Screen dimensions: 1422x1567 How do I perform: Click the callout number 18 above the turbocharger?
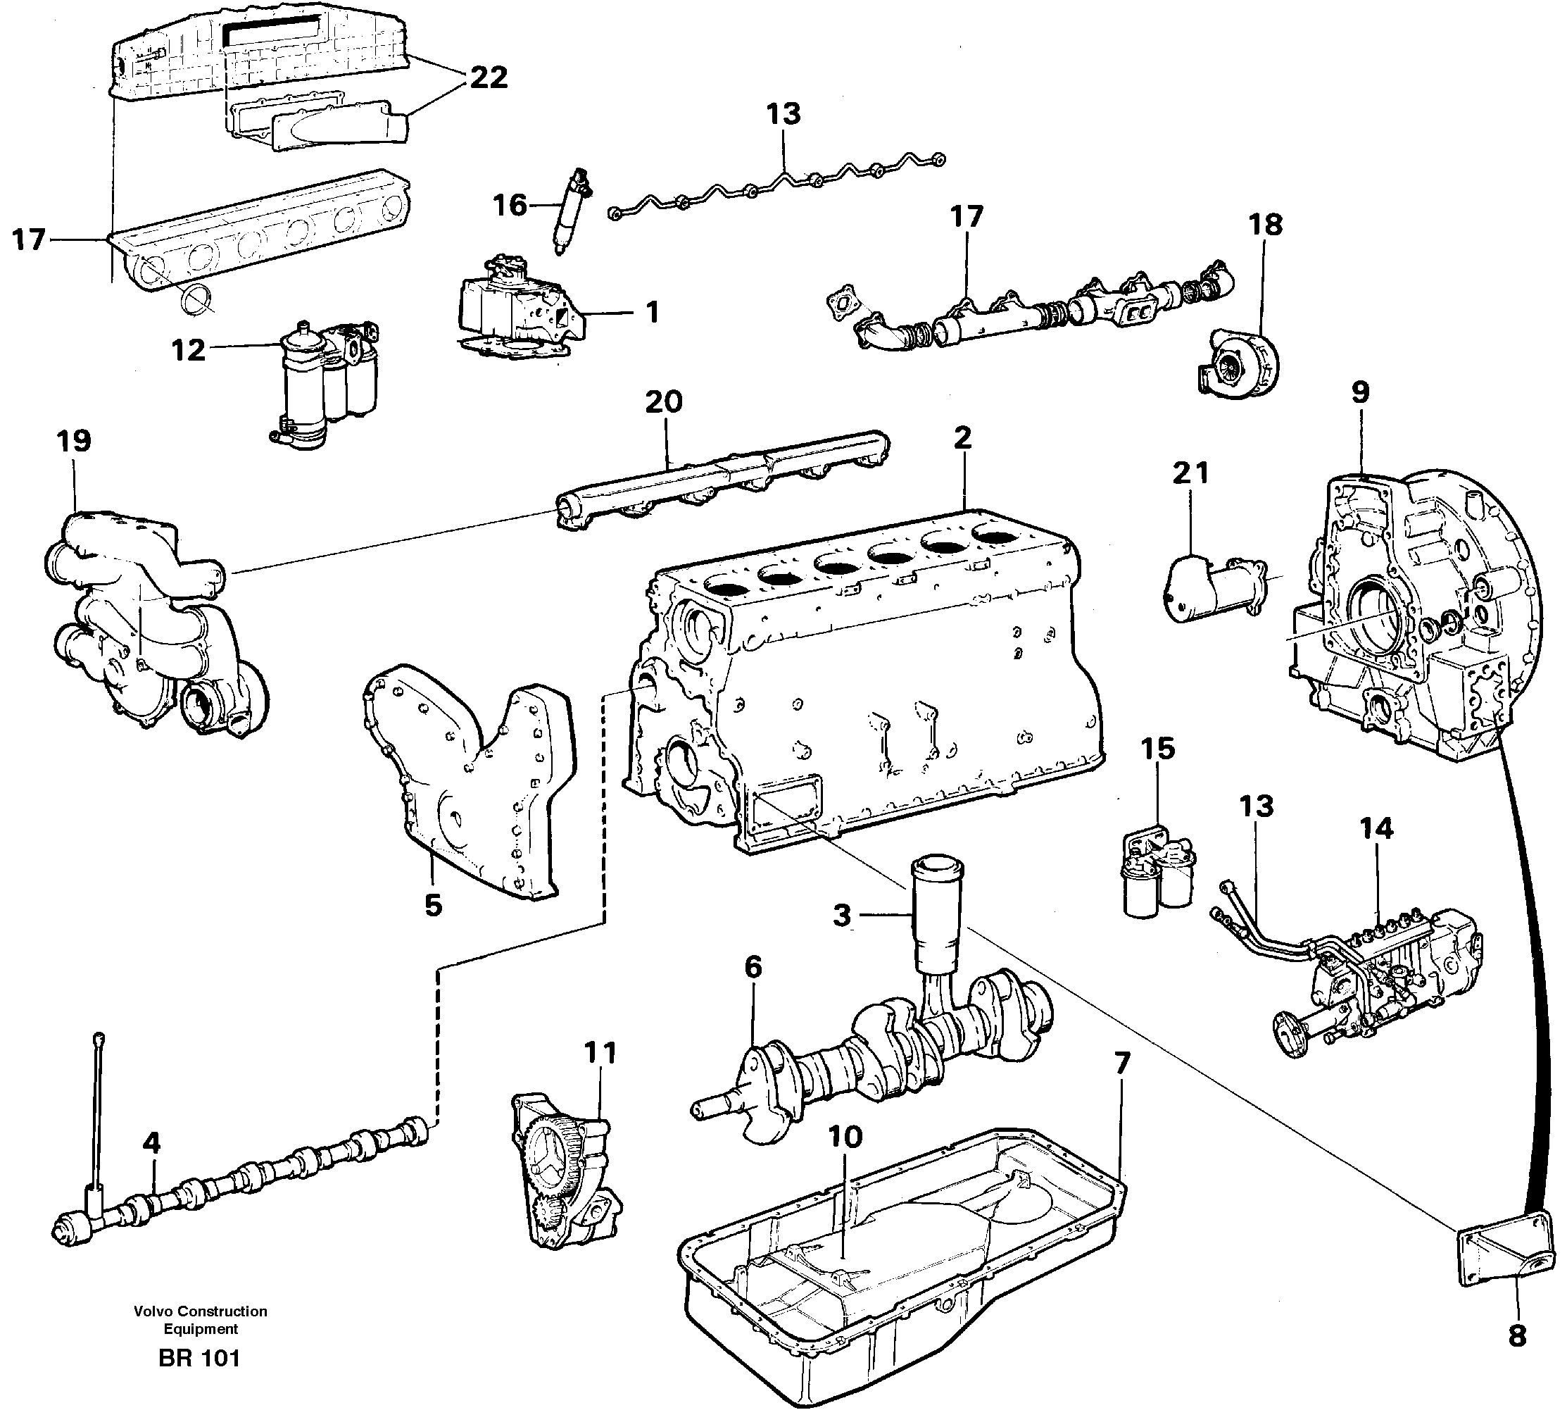tap(1264, 225)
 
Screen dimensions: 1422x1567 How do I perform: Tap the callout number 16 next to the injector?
tap(510, 206)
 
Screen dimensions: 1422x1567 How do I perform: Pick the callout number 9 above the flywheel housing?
tap(1359, 392)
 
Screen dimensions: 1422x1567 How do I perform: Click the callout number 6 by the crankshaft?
tap(753, 968)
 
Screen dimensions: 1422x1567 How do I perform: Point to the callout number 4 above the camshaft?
tap(151, 1143)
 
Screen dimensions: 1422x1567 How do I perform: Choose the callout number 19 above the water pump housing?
tap(74, 442)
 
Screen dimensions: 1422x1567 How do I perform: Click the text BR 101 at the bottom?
tap(200, 1358)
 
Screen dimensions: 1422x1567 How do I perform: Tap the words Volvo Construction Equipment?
tap(201, 1320)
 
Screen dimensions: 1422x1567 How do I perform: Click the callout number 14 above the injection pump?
tap(1376, 829)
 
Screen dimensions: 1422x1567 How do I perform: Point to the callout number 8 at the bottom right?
tap(1516, 1337)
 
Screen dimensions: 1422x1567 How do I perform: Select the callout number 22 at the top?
tap(488, 77)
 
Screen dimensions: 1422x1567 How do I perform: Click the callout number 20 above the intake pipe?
tap(663, 403)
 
